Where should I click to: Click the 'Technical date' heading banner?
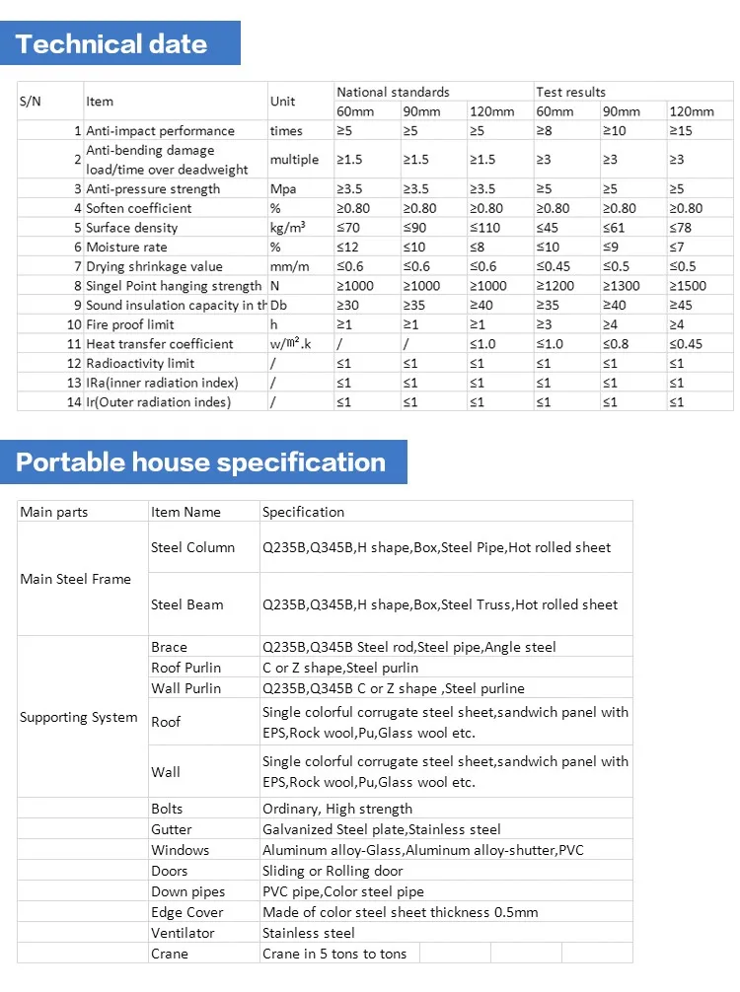tap(112, 44)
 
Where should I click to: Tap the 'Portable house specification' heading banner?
tap(201, 462)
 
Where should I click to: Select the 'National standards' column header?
tap(393, 92)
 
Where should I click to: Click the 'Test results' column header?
tap(571, 92)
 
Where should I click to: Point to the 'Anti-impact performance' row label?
tap(160, 130)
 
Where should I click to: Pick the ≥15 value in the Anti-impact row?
tap(681, 130)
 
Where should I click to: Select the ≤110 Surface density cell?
tap(485, 228)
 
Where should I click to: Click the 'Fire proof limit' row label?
tap(131, 324)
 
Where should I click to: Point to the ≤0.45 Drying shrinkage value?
tap(557, 266)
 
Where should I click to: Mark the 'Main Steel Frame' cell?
tap(75, 579)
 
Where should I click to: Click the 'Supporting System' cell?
tap(79, 717)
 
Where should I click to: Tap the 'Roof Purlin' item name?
tap(185, 668)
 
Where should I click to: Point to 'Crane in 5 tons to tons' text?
tap(334, 954)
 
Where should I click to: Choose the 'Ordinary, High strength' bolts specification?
tap(337, 809)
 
